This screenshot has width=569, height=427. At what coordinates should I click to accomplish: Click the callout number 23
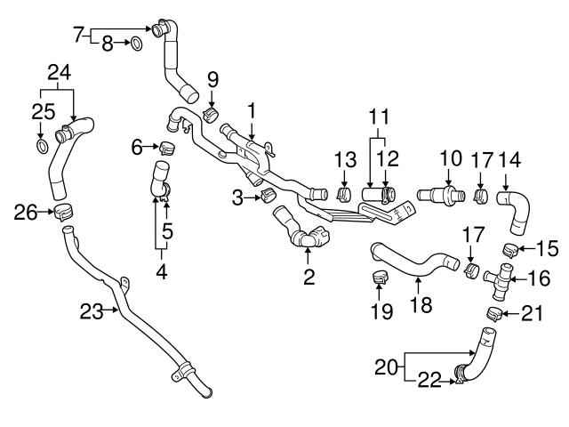click(91, 310)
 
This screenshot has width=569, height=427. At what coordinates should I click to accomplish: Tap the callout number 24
click(58, 73)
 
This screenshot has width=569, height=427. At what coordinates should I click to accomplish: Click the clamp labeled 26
click(62, 212)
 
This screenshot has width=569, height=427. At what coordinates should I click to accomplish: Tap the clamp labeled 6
click(166, 146)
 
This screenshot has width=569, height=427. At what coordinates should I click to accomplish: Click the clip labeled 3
click(264, 196)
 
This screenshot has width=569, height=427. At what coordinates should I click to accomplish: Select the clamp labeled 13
click(344, 193)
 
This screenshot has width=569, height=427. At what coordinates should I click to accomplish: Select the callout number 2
click(309, 278)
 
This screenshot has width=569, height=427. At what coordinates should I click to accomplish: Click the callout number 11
click(380, 117)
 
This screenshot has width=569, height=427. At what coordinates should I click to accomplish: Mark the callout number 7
click(77, 34)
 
